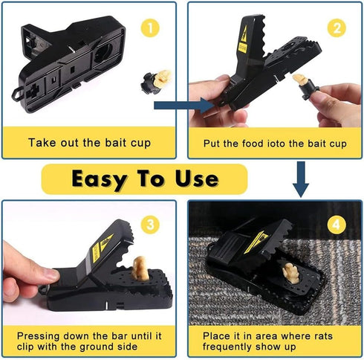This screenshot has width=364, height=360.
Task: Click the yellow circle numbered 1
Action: (152, 30)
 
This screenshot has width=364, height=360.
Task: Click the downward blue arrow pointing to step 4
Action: (300, 179)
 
